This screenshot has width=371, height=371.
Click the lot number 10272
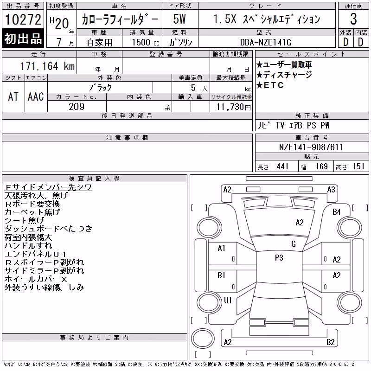(23, 19)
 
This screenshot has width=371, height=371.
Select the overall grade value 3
(353, 19)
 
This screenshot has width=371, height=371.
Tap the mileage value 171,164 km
(48, 66)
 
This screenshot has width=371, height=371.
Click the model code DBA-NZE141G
(265, 42)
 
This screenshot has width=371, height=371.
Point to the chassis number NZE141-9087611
(311, 147)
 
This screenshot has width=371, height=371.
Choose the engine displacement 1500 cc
(146, 42)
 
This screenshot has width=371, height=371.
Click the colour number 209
(77, 107)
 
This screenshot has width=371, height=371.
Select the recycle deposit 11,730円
(234, 107)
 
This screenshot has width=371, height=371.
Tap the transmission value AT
(13, 96)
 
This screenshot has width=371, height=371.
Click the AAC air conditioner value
(36, 96)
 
